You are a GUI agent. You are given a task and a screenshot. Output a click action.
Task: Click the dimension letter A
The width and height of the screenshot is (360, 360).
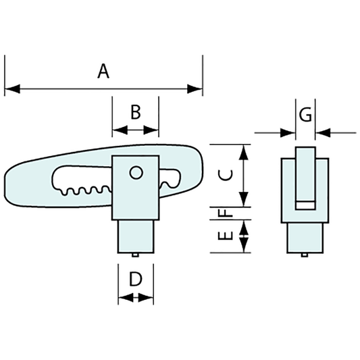pos(103,70)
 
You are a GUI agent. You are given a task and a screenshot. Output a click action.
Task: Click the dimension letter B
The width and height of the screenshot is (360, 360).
pos(135,111)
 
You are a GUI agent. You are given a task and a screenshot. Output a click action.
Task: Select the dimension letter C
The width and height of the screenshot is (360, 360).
pos(228,174)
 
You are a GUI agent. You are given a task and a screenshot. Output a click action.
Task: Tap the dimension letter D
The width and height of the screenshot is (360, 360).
pos(135,278)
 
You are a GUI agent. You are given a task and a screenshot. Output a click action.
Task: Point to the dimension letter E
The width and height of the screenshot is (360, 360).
pos(228,236)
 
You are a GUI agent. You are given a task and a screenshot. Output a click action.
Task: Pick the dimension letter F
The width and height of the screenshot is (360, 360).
pos(228,212)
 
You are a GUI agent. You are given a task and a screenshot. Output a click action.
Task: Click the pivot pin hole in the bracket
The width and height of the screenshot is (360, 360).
pos(136,173)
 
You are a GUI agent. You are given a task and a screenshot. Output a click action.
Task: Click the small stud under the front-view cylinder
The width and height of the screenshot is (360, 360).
pos(136,255)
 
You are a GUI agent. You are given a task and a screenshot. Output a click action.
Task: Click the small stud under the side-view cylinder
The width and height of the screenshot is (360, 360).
pos(305,255)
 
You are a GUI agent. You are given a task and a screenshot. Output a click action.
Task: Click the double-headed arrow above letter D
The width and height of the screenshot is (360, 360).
pos(135,297)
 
